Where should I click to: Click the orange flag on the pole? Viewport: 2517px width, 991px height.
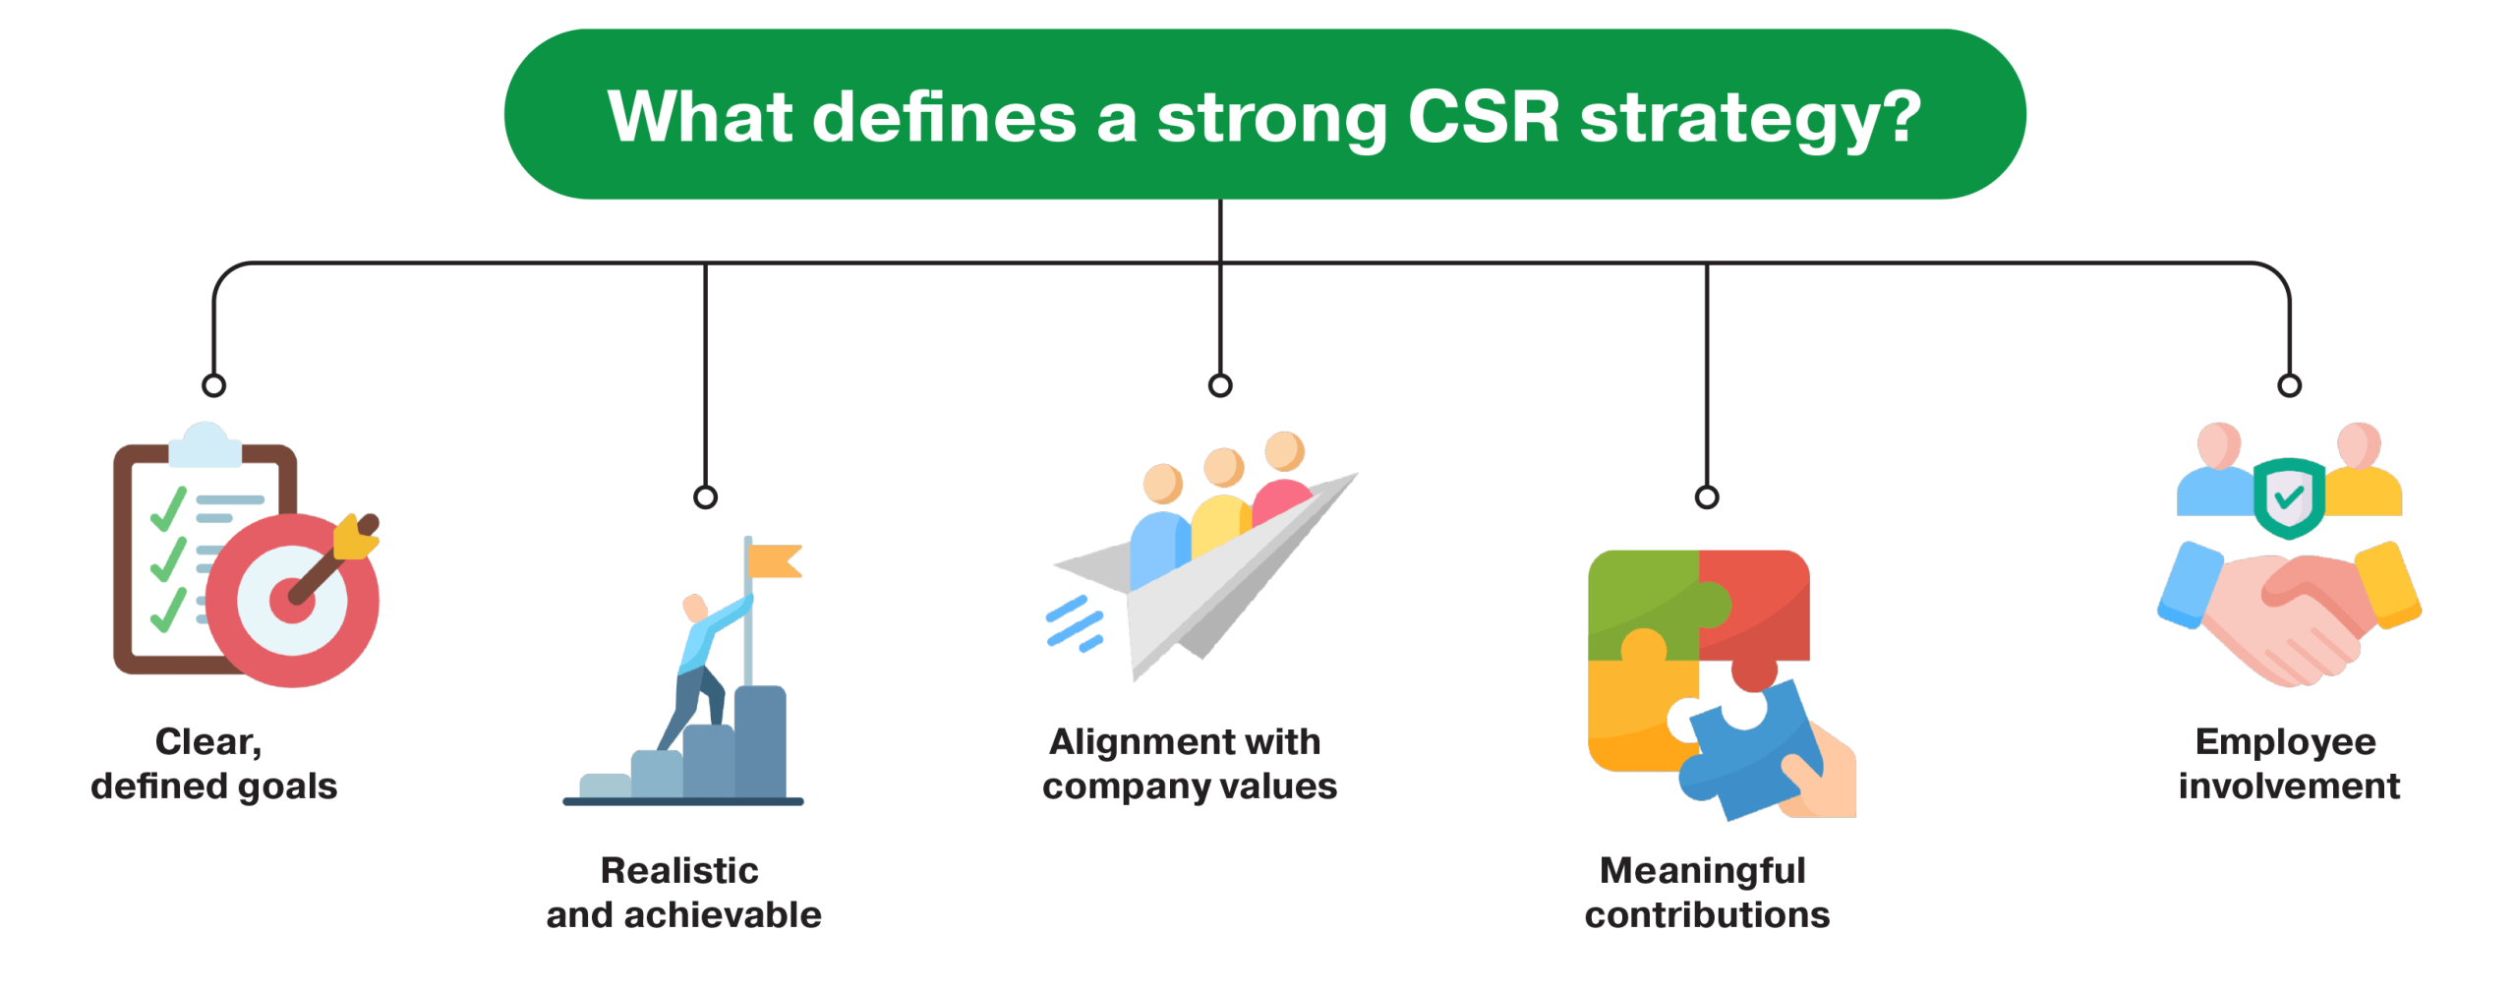click(x=774, y=561)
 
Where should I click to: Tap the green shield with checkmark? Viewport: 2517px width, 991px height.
click(x=2289, y=497)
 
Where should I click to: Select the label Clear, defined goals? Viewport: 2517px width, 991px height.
click(x=213, y=764)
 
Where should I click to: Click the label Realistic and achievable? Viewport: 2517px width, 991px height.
click(x=683, y=893)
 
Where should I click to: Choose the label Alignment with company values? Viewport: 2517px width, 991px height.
click(x=1190, y=764)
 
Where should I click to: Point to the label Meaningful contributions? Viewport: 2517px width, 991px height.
click(x=1707, y=893)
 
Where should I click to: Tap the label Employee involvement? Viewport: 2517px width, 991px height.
click(x=2289, y=764)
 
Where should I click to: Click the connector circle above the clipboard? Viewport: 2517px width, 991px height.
click(x=213, y=384)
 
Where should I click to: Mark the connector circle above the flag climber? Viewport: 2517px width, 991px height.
click(x=705, y=496)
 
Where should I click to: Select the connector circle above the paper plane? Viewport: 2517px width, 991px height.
click(x=1220, y=384)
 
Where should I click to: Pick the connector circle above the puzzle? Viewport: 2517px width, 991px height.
click(x=1707, y=496)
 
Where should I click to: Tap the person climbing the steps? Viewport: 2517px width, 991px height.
click(x=700, y=659)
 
